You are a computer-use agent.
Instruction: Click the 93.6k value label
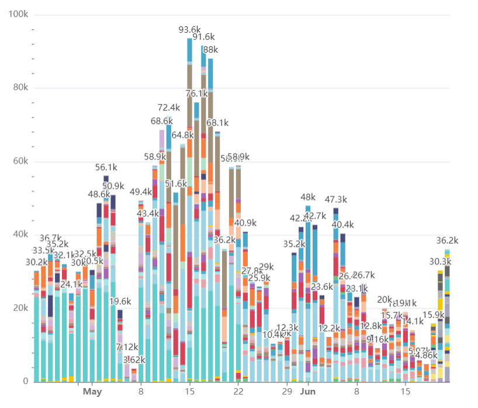click(189, 29)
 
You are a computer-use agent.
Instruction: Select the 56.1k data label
click(106, 167)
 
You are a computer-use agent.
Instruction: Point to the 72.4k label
click(169, 108)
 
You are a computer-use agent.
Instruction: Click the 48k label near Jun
click(308, 197)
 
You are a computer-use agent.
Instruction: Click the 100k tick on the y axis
click(19, 14)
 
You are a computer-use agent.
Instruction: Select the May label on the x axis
click(92, 392)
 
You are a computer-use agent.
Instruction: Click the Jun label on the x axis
click(309, 392)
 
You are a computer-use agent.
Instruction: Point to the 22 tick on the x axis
click(238, 392)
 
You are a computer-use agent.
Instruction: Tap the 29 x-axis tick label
click(287, 392)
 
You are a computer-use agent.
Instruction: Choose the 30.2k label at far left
click(29, 262)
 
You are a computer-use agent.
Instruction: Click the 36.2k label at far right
click(448, 240)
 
